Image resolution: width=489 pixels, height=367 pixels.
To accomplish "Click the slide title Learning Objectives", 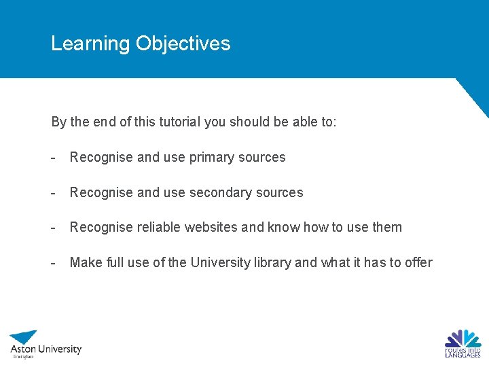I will pyautogui.click(x=141, y=43).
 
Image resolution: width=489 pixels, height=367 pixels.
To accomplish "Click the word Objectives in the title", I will pyautogui.click(x=183, y=43).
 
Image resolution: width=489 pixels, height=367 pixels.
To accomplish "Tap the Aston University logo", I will pyautogui.click(x=45, y=344).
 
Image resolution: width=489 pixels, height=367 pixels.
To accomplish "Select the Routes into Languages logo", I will pyautogui.click(x=463, y=343).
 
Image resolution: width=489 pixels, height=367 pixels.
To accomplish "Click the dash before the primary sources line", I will pyautogui.click(x=52, y=158).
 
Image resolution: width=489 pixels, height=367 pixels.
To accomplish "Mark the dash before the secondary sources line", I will pyautogui.click(x=52, y=193).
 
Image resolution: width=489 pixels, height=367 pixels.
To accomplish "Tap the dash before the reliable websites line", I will pyautogui.click(x=52, y=228).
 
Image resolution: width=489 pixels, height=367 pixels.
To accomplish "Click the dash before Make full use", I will pyautogui.click(x=52, y=263).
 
